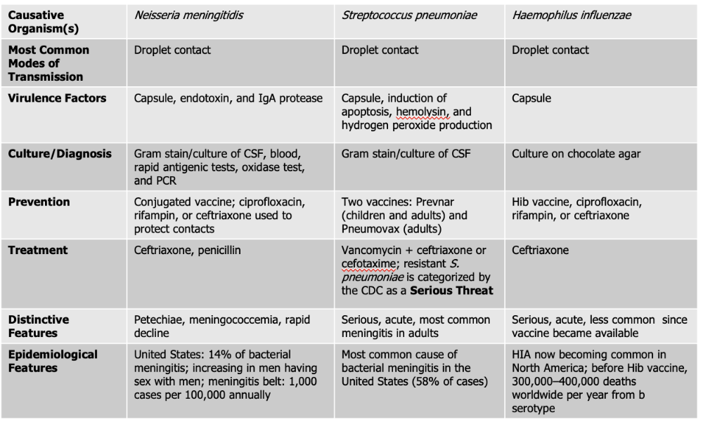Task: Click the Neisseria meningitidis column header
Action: [x=188, y=15]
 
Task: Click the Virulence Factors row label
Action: [x=57, y=98]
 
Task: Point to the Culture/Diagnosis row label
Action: [x=60, y=154]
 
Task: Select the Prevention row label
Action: [x=39, y=202]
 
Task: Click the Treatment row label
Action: [x=38, y=250]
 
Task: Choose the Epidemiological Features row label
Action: [x=53, y=361]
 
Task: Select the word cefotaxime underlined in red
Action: [x=370, y=263]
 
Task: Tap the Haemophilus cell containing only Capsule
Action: [x=531, y=98]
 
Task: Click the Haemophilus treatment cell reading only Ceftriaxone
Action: [x=541, y=250]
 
